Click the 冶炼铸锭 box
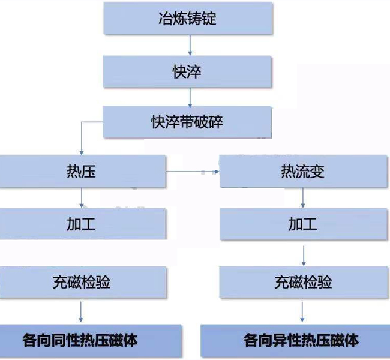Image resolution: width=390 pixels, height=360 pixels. pos(188,18)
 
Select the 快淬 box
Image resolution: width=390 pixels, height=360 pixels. pos(187,71)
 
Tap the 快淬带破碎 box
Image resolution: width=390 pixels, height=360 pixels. pos(187,122)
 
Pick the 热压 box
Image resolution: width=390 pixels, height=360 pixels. pos(83,172)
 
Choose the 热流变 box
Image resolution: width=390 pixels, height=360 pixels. pos(304,172)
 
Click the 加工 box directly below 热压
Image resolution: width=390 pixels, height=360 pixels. pos(83,224)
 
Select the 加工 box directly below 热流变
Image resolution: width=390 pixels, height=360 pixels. pos(304,224)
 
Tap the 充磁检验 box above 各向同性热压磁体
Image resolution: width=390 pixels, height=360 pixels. pos(83,282)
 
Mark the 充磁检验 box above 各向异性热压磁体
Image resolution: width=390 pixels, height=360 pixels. pos(304,282)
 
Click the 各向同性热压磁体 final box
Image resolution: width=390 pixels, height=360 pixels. pos(91,341)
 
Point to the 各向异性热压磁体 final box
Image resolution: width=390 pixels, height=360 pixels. pos(295,341)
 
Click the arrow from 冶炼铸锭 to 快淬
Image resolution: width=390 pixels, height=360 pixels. pos(190,45)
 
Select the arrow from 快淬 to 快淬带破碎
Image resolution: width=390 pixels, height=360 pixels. pos(190,98)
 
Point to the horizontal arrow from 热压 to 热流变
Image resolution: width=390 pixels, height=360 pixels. pos(193,172)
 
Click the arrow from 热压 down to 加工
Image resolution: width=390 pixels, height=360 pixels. pos(82,198)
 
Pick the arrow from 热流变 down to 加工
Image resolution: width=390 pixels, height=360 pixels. pos(302,198)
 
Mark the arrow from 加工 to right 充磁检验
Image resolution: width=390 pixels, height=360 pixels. pos(304,256)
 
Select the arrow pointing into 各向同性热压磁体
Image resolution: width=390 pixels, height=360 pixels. pos(80,312)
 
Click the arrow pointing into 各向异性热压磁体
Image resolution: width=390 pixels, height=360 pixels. pos(302,312)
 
